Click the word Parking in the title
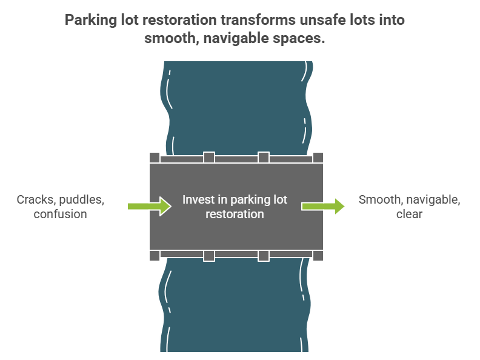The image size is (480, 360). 92,20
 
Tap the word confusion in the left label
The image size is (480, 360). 61,214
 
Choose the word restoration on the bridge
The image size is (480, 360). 235,214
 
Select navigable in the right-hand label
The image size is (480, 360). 433,200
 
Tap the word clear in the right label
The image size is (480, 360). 409,214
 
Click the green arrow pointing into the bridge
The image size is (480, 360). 149,207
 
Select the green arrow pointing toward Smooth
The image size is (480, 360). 324,207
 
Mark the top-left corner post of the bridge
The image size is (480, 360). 155,158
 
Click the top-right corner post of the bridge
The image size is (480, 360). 318,158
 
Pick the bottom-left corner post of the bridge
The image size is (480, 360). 155,256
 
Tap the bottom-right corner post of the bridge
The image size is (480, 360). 318,256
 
